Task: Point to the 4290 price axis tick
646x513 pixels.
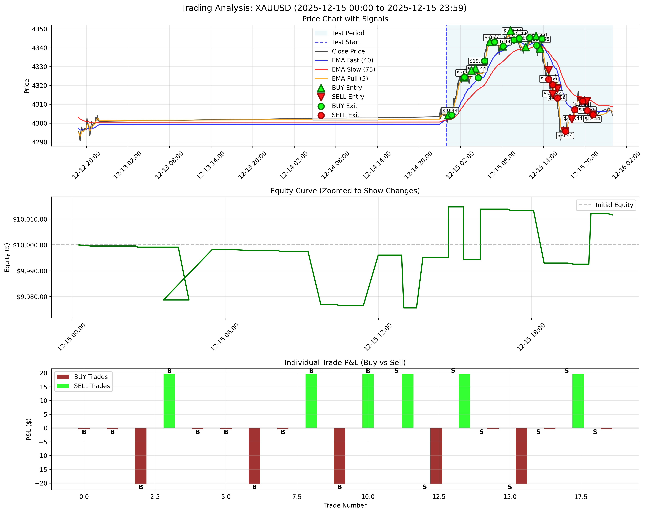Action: pos(40,142)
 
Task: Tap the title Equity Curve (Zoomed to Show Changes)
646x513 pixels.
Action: pos(345,191)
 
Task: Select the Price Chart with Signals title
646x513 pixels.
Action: pos(345,19)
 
